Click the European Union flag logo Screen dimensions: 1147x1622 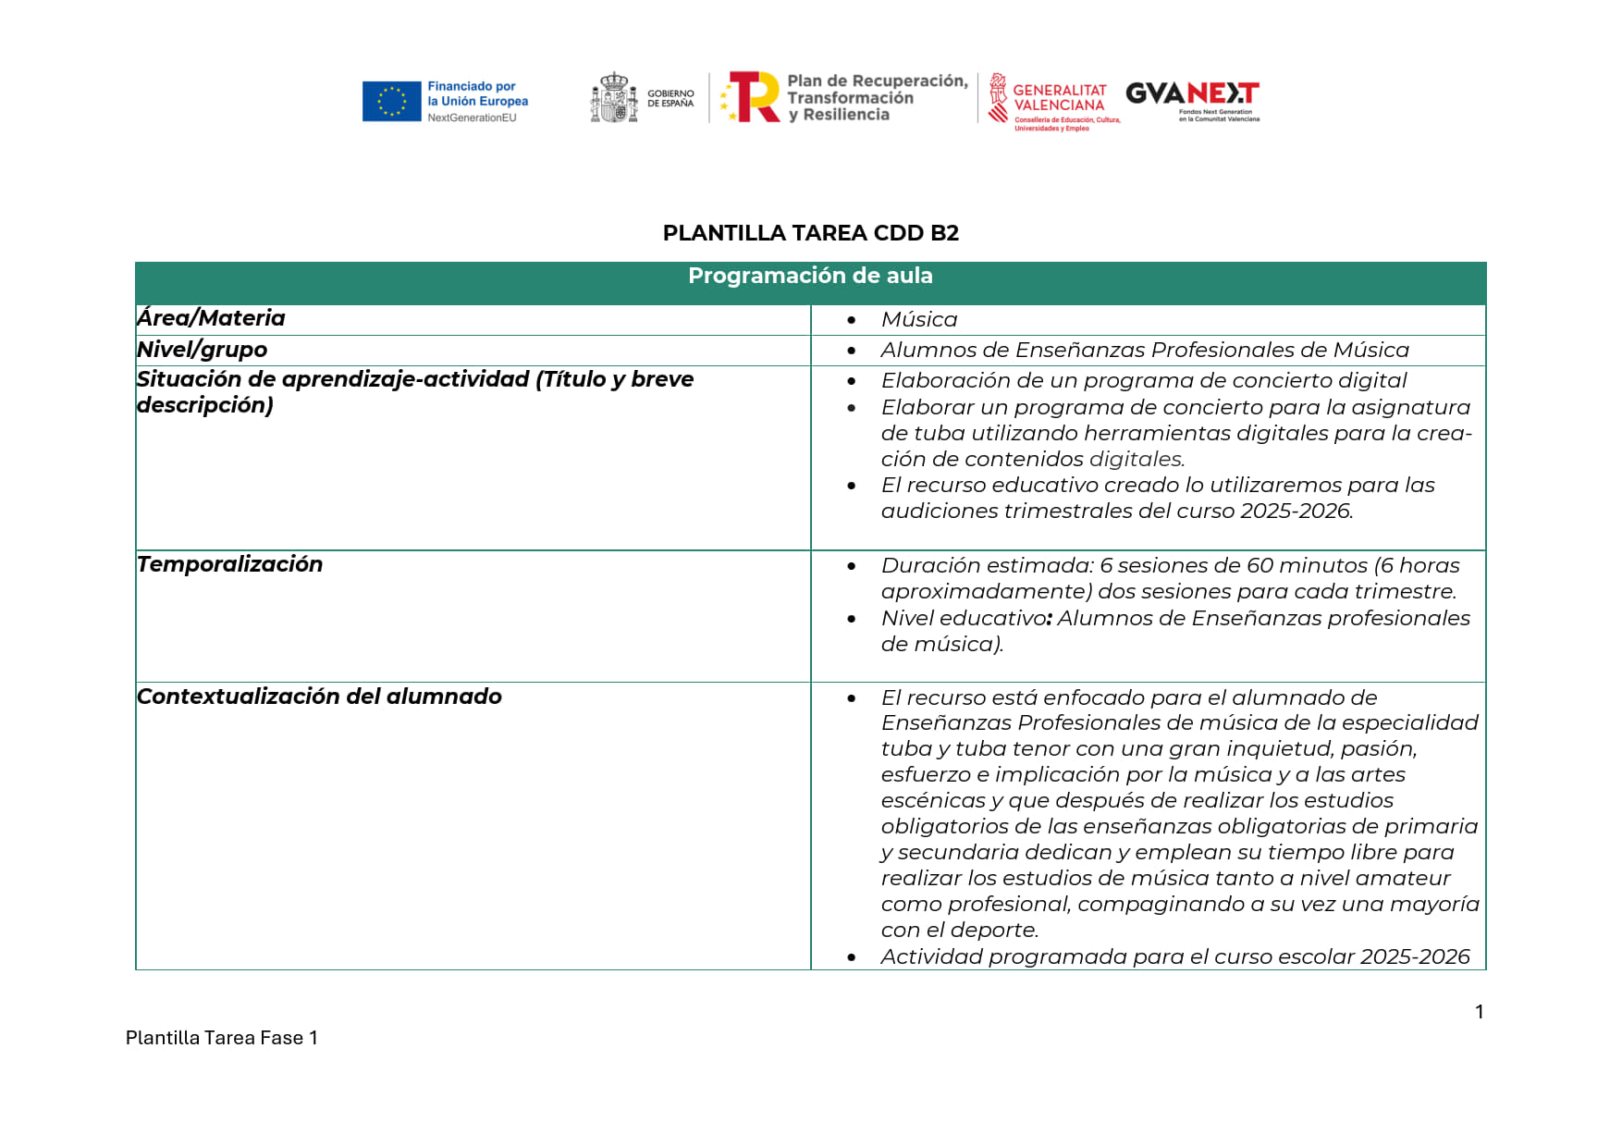pos(391,102)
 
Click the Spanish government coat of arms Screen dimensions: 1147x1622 pos(614,98)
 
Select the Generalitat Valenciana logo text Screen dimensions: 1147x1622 pos(1059,98)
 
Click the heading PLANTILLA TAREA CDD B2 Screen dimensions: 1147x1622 pos(810,233)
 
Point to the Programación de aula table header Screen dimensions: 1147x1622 pos(810,276)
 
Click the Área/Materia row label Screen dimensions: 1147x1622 pos(211,318)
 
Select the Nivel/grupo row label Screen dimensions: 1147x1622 pos(202,350)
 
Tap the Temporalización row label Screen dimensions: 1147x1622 pos(229,564)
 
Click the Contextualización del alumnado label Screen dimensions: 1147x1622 pos(319,697)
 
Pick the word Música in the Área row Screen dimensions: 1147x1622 pos(918,320)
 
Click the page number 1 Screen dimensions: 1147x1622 pos(1480,1012)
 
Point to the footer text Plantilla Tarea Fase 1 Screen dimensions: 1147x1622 pos(221,1038)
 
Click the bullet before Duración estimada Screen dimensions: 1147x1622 pos(852,566)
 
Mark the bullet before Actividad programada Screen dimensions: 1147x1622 pos(852,957)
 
